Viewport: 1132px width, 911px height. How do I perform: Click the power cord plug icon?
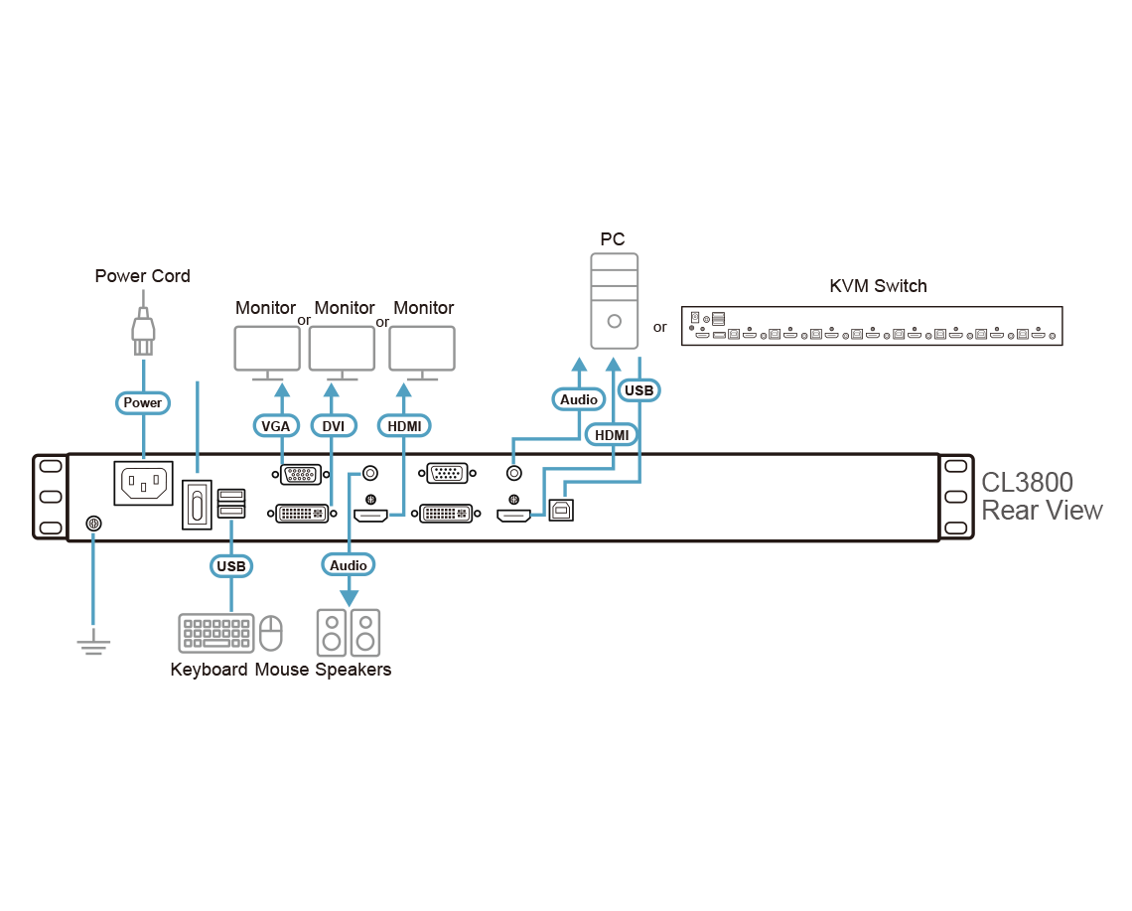click(x=143, y=331)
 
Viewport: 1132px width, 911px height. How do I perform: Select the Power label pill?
click(x=143, y=402)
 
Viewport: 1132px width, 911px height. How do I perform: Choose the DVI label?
click(x=334, y=426)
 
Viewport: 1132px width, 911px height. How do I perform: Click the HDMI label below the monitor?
click(x=404, y=426)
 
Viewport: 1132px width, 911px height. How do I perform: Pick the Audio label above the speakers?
click(x=349, y=564)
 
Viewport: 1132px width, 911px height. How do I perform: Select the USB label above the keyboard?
click(x=230, y=566)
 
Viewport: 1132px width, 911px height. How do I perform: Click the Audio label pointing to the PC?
click(x=579, y=399)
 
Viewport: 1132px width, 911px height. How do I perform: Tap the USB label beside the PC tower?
click(x=638, y=390)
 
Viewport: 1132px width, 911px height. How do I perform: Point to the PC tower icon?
click(x=614, y=300)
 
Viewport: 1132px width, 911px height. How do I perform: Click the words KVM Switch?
click(x=878, y=286)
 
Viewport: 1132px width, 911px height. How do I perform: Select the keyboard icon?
click(x=215, y=634)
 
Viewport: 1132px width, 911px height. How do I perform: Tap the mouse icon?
click(x=271, y=633)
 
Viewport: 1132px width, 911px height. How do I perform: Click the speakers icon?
click(x=349, y=632)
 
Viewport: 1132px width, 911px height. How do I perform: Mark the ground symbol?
click(x=93, y=645)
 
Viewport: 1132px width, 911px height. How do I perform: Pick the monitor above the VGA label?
click(x=266, y=351)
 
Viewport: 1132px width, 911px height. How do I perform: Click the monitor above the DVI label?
click(x=342, y=351)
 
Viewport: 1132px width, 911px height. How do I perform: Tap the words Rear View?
click(x=1041, y=511)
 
